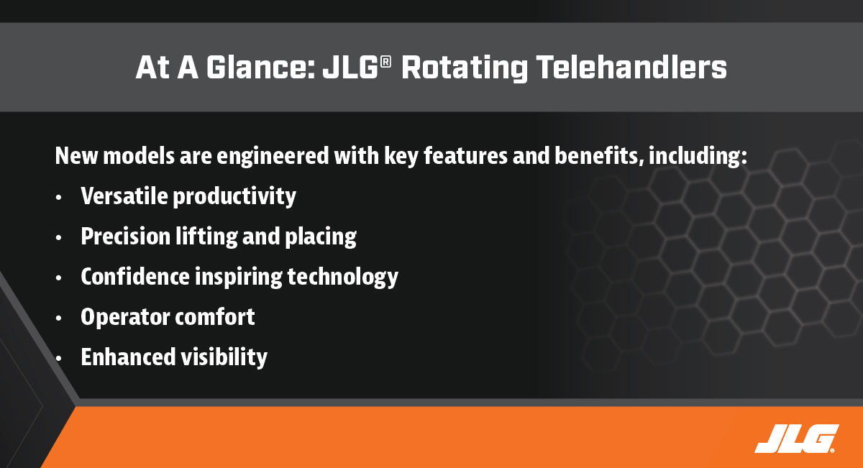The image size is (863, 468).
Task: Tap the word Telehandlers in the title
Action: (x=631, y=67)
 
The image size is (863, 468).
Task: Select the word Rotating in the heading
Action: (x=465, y=68)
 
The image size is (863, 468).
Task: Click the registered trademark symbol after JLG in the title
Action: (x=385, y=62)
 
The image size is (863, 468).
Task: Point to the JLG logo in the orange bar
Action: (x=797, y=439)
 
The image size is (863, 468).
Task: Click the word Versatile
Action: (x=124, y=196)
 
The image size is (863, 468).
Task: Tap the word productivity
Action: (x=234, y=197)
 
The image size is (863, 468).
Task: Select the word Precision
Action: (x=125, y=236)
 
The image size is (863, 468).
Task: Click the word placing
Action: (x=321, y=237)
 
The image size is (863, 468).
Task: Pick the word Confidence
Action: (x=135, y=276)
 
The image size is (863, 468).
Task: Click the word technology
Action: (x=342, y=277)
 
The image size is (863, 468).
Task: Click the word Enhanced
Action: (x=128, y=357)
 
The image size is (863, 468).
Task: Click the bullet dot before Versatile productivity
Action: (x=58, y=198)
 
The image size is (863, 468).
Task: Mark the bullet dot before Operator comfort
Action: (x=58, y=318)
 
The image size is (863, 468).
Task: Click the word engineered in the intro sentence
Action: (x=273, y=157)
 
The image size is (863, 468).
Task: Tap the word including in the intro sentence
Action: (x=698, y=157)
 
